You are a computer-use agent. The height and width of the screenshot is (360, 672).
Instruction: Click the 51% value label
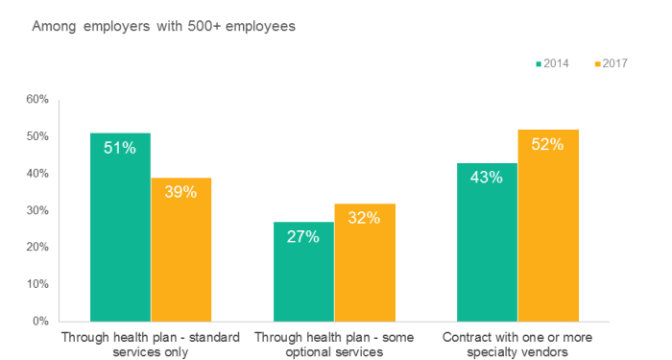120,148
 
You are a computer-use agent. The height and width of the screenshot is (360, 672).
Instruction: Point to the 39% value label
180,192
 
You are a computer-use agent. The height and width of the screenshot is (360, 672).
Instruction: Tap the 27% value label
303,236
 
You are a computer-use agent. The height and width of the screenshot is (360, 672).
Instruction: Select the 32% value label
365,218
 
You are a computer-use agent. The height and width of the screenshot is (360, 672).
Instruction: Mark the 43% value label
487,178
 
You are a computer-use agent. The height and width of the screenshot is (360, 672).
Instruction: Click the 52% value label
548,144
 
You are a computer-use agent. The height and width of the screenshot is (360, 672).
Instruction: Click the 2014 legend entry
553,63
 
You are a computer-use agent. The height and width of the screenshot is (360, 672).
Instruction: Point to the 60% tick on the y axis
36,99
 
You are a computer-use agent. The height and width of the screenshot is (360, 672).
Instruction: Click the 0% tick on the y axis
39,321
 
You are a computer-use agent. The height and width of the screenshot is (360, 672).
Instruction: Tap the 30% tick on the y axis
36,210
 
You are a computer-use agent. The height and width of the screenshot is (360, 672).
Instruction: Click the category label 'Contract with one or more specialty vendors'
517,345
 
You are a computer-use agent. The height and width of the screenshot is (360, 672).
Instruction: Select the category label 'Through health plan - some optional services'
334,345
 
